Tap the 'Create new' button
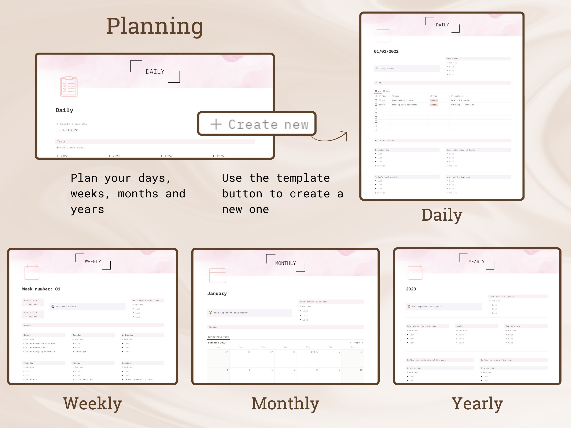tap(257, 124)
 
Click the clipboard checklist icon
tap(69, 86)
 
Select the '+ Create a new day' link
tap(72, 124)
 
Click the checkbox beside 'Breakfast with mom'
tap(376, 100)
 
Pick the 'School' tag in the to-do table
tap(434, 105)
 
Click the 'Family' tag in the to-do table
tap(434, 100)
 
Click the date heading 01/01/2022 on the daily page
tap(386, 51)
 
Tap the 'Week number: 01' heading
tap(41, 289)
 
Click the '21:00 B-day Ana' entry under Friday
tap(84, 380)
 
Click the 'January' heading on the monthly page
tap(217, 293)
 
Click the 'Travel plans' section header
tap(513, 326)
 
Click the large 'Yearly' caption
tap(477, 403)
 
